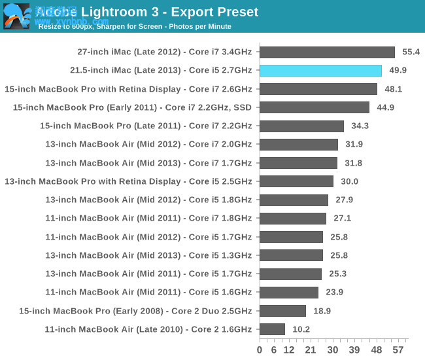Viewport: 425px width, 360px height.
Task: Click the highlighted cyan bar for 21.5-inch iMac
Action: [x=320, y=71]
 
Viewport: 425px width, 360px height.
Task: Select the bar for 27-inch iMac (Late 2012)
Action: [x=327, y=52]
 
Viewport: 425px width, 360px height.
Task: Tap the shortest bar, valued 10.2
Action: [x=272, y=329]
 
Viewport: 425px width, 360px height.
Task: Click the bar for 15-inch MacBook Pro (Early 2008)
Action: [x=282, y=311]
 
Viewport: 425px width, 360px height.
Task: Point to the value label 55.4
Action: [x=411, y=52]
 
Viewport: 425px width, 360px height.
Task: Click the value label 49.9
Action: [x=398, y=71]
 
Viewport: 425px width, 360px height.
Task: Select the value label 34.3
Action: [x=360, y=126]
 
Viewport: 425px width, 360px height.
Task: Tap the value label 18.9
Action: [x=322, y=311]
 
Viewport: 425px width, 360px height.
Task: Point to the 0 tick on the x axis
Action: [x=260, y=350]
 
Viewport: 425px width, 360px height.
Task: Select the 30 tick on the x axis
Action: [x=333, y=350]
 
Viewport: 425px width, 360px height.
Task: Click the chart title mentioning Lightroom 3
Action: [x=147, y=12]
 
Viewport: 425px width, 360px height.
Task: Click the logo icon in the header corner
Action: [x=16, y=16]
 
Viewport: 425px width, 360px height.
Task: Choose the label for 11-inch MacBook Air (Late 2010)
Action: [x=148, y=329]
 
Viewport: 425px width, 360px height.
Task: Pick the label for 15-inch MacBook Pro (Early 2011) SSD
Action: [x=132, y=107]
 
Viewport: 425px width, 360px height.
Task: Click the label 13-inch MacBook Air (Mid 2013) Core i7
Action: [x=148, y=163]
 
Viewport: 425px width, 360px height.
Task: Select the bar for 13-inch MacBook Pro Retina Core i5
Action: [x=296, y=181]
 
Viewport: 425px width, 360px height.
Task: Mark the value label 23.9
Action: [x=334, y=293]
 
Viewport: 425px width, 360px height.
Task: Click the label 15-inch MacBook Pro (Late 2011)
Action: [x=145, y=126]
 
